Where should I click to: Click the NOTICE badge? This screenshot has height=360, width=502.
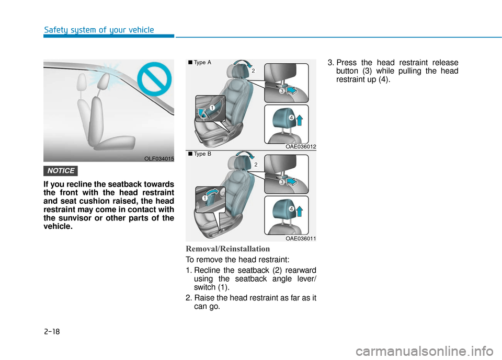click(62, 171)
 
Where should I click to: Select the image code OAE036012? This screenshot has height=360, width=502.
click(300, 147)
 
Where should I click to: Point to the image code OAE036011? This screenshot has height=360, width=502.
click(300, 238)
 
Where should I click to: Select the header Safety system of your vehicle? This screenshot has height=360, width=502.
click(99, 30)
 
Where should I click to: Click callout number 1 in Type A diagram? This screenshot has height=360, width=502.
click(212, 108)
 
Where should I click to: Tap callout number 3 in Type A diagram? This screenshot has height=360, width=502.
click(281, 91)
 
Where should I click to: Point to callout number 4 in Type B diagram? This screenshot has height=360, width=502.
click(290, 209)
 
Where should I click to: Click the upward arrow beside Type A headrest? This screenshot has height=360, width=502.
click(300, 121)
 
